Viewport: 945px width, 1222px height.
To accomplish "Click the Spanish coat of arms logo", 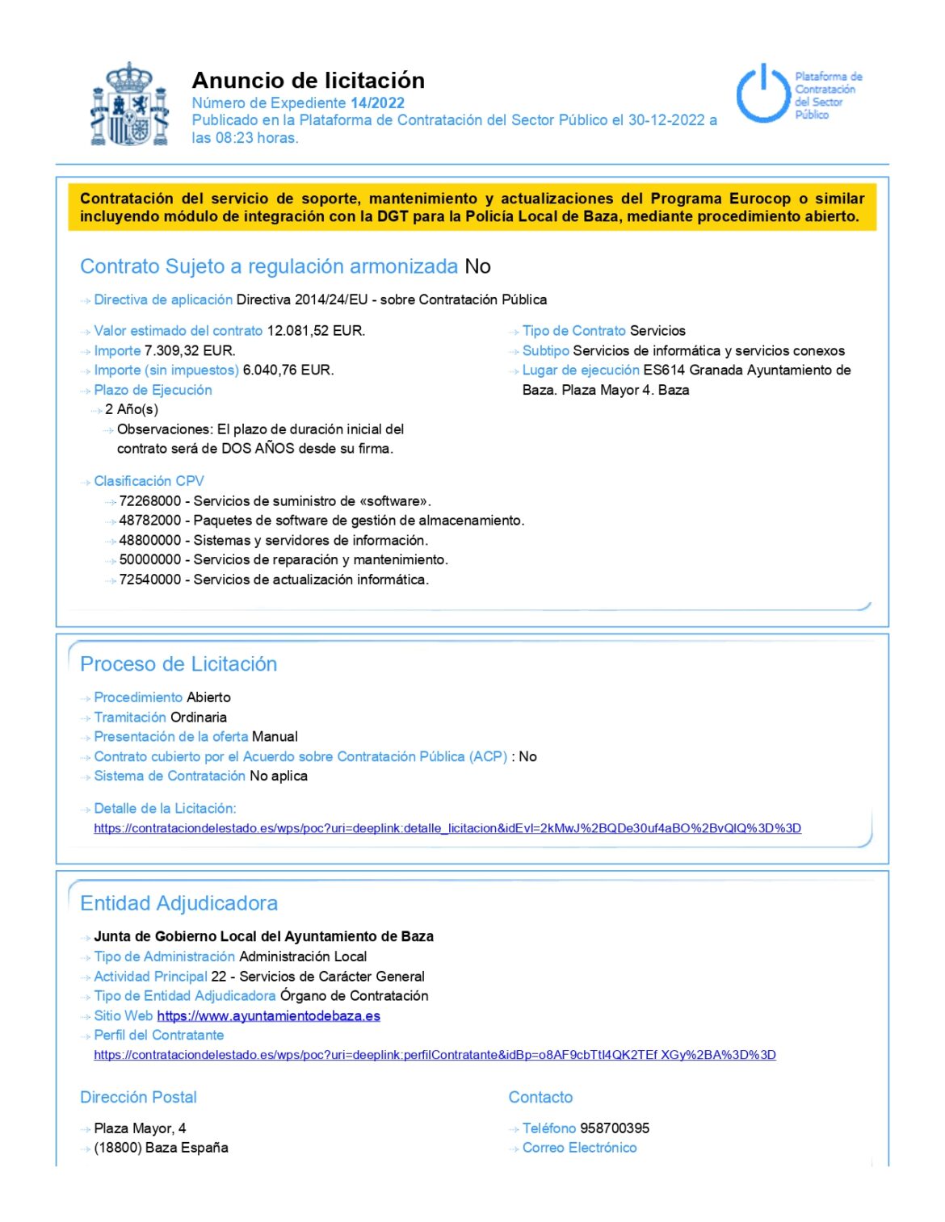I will pyautogui.click(x=129, y=106).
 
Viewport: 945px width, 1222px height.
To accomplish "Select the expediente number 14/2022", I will pyautogui.click(x=377, y=103).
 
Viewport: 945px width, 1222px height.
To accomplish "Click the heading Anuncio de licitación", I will pyautogui.click(x=308, y=81).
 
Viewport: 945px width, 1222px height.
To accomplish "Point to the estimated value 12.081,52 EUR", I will pyautogui.click(x=316, y=331).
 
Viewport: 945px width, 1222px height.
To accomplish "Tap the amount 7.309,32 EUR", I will pyautogui.click(x=190, y=351).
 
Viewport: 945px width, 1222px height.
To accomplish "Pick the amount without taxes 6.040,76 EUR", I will pyautogui.click(x=288, y=370).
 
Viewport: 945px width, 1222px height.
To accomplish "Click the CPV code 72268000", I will pyautogui.click(x=150, y=501).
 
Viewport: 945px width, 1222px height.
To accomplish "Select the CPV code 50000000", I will pyautogui.click(x=150, y=560).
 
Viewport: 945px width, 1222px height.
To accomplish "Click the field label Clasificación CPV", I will pyautogui.click(x=149, y=481).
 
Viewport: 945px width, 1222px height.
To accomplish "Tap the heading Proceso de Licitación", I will pyautogui.click(x=178, y=664).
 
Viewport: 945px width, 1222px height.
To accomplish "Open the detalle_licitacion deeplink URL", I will pyautogui.click(x=447, y=828).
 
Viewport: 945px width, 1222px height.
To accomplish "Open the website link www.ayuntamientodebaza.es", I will pyautogui.click(x=268, y=1016).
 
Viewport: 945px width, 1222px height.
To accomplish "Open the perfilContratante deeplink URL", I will pyautogui.click(x=435, y=1055).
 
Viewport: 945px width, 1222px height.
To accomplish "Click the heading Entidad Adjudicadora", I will pyautogui.click(x=178, y=903).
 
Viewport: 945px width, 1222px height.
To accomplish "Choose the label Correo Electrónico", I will pyautogui.click(x=579, y=1148).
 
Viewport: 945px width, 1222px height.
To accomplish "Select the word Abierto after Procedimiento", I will pyautogui.click(x=208, y=697).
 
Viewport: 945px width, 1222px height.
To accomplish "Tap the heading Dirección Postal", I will pyautogui.click(x=138, y=1098).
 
